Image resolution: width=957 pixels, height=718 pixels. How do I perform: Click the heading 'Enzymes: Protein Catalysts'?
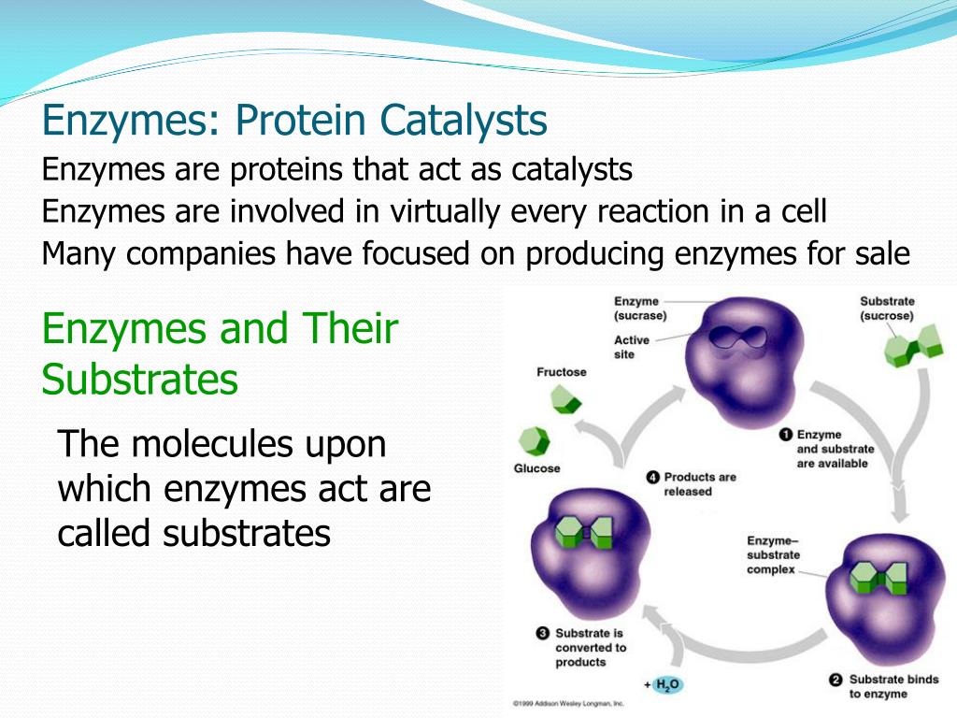[x=295, y=121]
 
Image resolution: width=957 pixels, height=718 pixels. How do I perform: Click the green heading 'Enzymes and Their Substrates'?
[x=221, y=355]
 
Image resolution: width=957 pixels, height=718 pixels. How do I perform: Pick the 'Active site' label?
[x=632, y=348]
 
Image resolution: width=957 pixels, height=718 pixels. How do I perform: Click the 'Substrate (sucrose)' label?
[x=887, y=309]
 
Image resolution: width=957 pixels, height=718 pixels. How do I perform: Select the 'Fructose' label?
[x=561, y=372]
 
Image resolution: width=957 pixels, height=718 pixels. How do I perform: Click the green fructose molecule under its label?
[x=564, y=402]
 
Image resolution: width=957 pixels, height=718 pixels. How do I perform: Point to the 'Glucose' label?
[x=537, y=468]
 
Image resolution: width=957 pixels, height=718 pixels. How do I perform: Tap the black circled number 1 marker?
[x=786, y=435]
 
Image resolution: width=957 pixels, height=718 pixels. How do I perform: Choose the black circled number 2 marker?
[x=836, y=680]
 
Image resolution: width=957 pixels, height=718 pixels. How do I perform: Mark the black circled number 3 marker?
[x=542, y=633]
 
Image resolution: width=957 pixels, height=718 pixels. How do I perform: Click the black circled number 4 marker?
[x=653, y=477]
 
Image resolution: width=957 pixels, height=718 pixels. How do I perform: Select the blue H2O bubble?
[x=667, y=685]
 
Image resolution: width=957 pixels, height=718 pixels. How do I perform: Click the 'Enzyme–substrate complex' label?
[x=773, y=555]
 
